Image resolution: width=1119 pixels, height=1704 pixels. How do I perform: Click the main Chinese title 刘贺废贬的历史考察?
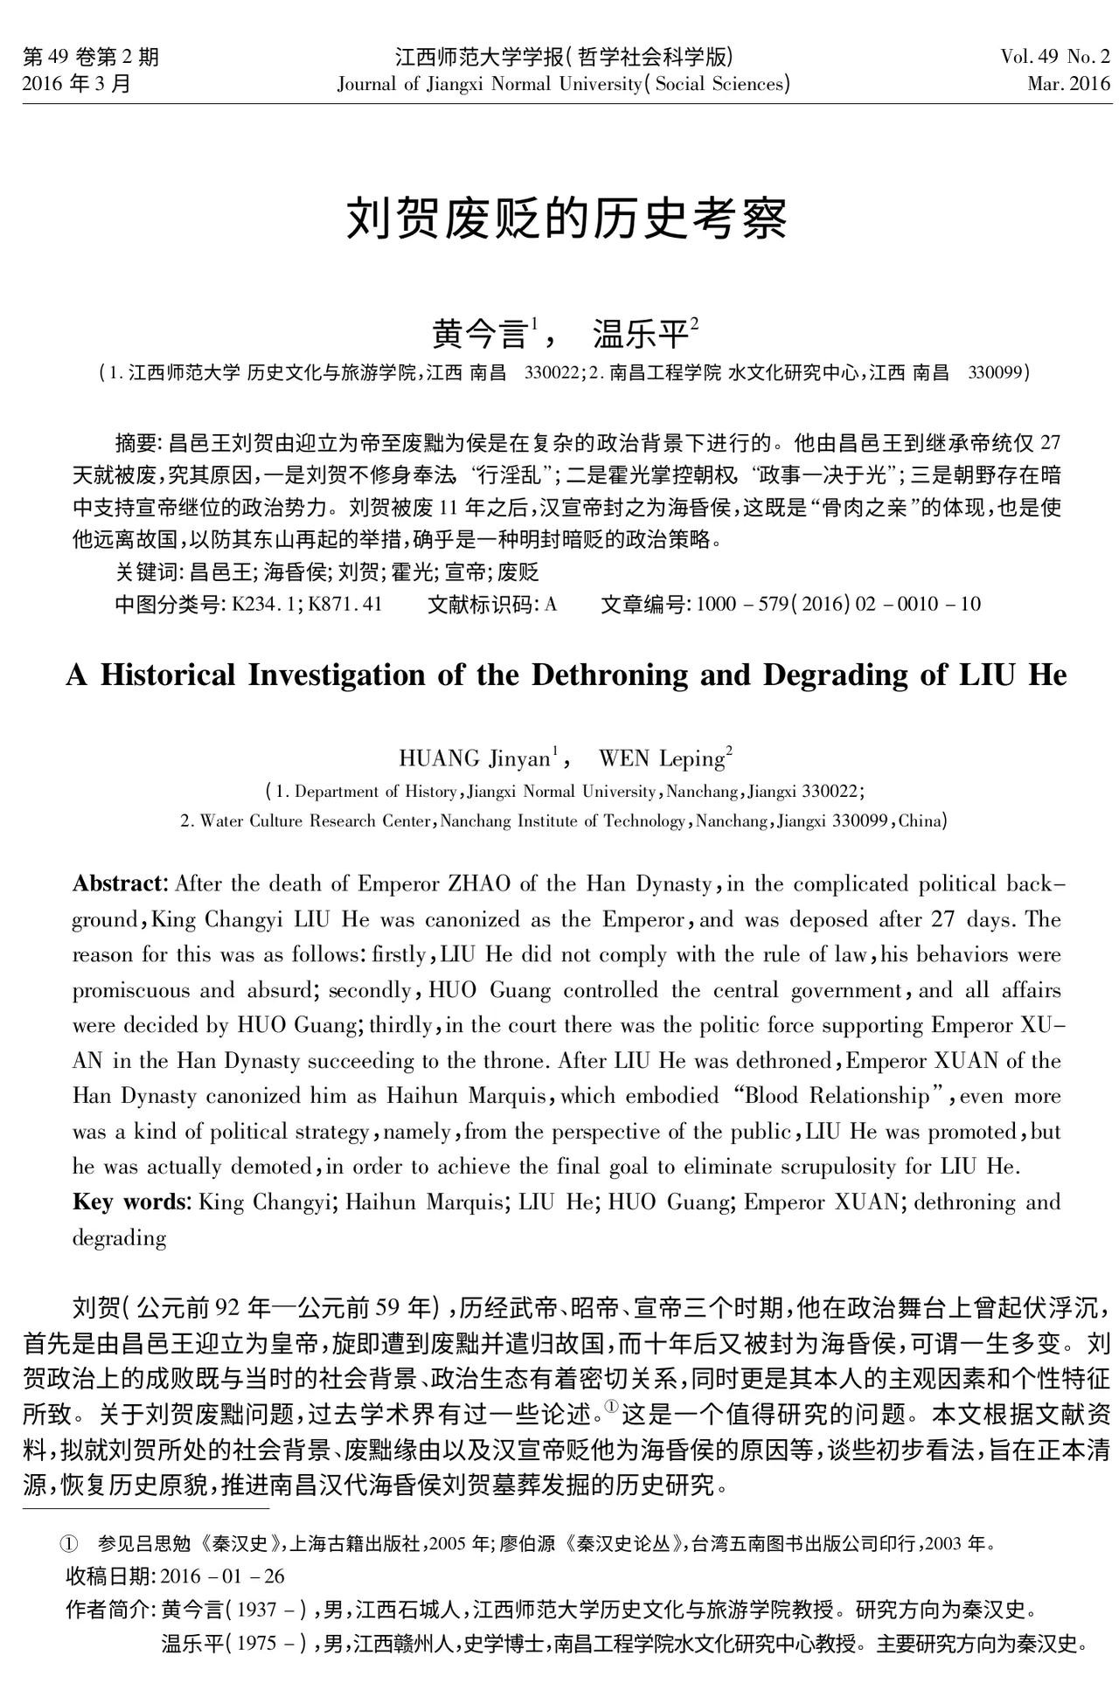[x=566, y=218]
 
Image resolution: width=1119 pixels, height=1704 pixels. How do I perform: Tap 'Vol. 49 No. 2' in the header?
[x=1055, y=58]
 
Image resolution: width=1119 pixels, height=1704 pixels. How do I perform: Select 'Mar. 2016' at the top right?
[x=1068, y=85]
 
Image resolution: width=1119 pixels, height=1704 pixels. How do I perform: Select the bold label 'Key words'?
[x=129, y=1202]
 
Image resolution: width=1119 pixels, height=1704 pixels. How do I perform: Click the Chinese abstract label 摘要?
[x=136, y=440]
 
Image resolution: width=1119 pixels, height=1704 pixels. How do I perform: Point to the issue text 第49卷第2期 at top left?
[x=91, y=58]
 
